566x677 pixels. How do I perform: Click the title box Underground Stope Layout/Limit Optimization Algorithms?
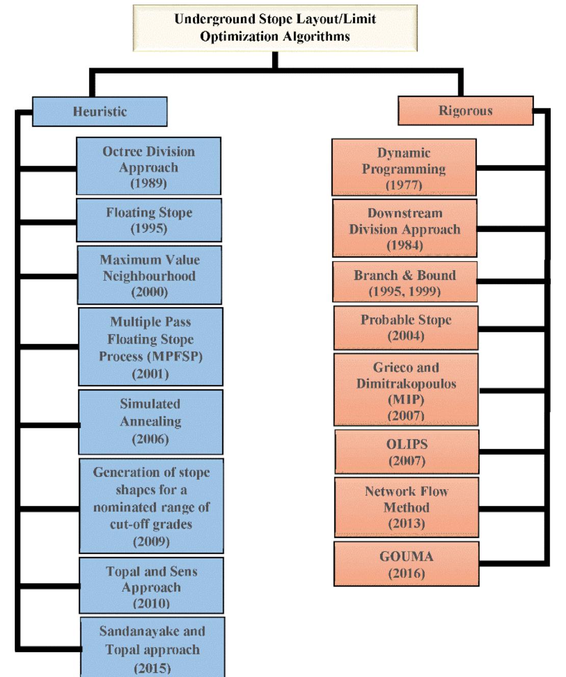tap(275, 28)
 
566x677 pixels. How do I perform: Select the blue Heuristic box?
tap(100, 112)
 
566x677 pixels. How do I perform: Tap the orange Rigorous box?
tap(465, 111)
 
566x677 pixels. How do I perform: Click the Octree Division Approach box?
tap(148, 166)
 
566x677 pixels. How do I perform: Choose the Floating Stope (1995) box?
tap(149, 220)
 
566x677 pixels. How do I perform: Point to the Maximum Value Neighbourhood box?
tap(149, 275)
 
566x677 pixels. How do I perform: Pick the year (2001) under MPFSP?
tap(150, 374)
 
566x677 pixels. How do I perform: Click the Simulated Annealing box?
tap(150, 422)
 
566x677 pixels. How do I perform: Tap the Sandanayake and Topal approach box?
tap(152, 648)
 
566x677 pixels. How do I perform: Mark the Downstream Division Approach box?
tap(405, 228)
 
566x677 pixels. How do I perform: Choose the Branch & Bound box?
tap(405, 282)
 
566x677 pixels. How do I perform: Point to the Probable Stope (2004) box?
tap(406, 327)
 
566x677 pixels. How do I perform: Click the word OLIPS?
tap(406, 444)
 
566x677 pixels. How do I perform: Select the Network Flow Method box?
tap(406, 507)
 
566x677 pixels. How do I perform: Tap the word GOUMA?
tap(406, 556)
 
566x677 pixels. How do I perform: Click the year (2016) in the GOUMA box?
tap(406, 574)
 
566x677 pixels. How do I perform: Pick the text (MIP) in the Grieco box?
tap(406, 399)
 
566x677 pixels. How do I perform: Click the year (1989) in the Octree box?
tap(148, 183)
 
